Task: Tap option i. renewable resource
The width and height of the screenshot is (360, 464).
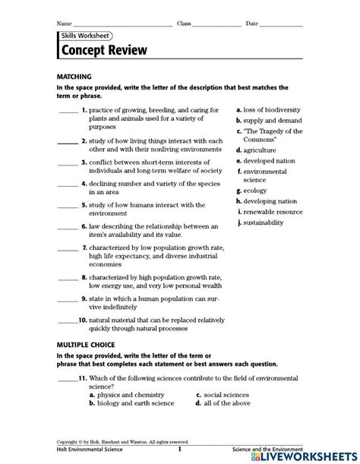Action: tap(269, 212)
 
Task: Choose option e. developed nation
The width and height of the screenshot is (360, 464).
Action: tap(267, 161)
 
